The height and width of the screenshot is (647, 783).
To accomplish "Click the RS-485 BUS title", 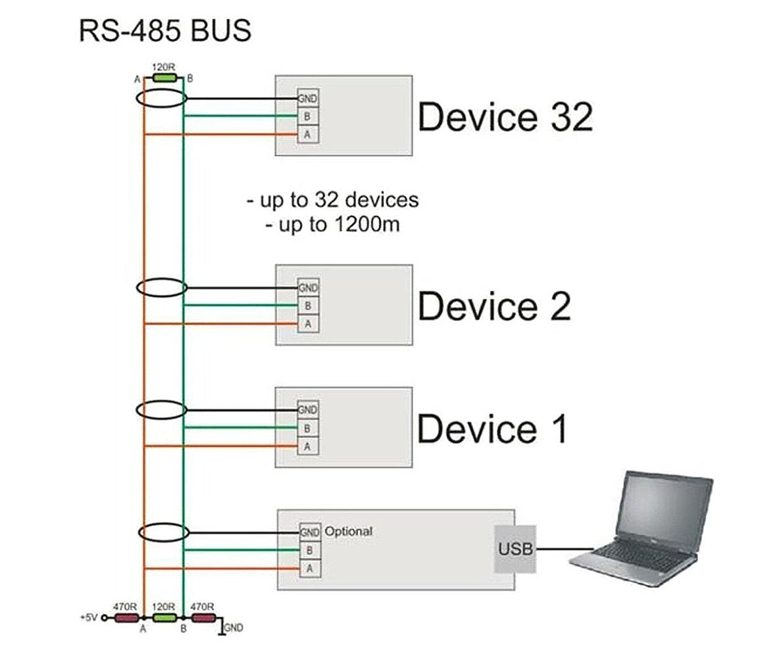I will (164, 31).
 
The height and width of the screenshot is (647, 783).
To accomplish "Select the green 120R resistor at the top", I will (164, 78).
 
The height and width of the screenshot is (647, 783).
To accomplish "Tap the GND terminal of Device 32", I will (308, 99).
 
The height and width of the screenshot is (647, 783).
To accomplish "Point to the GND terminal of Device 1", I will (308, 409).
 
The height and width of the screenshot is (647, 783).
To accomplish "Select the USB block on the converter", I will (515, 549).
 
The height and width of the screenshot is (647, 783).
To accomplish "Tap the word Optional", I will (348, 531).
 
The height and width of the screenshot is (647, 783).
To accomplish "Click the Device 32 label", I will (505, 117).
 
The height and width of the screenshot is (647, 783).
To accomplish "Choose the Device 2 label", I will (494, 306).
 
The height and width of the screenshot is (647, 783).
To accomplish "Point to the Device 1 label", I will (492, 428).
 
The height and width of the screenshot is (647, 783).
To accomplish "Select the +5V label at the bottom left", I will (88, 618).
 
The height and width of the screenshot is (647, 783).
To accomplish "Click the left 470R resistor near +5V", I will (126, 618).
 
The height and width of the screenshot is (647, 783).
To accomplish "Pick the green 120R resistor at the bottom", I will (164, 618).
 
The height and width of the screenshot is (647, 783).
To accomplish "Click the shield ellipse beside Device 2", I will (162, 288).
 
